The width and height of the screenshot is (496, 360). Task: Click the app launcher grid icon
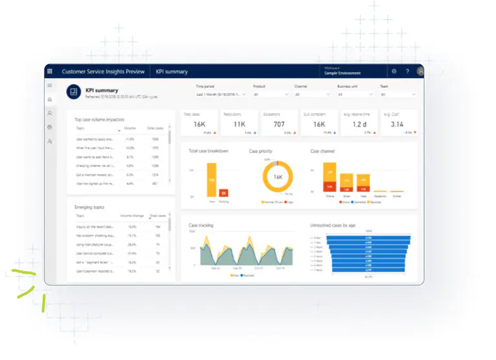(50, 71)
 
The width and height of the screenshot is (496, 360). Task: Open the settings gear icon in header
(394, 71)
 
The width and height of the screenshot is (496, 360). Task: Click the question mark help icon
(408, 71)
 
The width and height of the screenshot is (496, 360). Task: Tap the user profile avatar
(420, 71)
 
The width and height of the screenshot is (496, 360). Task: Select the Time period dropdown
(221, 94)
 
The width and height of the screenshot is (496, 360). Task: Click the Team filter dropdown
(397, 94)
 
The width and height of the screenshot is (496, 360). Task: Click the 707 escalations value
(278, 124)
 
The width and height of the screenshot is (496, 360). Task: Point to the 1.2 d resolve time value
(358, 124)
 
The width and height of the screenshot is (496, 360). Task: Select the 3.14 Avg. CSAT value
(397, 124)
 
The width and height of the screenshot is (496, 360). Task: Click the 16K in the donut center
(278, 176)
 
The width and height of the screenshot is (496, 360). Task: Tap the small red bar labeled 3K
(223, 193)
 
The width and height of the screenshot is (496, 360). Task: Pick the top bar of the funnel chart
(368, 238)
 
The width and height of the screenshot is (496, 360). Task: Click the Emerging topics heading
(89, 207)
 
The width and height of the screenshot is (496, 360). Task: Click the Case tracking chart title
(201, 226)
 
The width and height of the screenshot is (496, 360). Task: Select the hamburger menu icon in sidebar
(50, 85)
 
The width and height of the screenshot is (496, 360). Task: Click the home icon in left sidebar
(50, 100)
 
